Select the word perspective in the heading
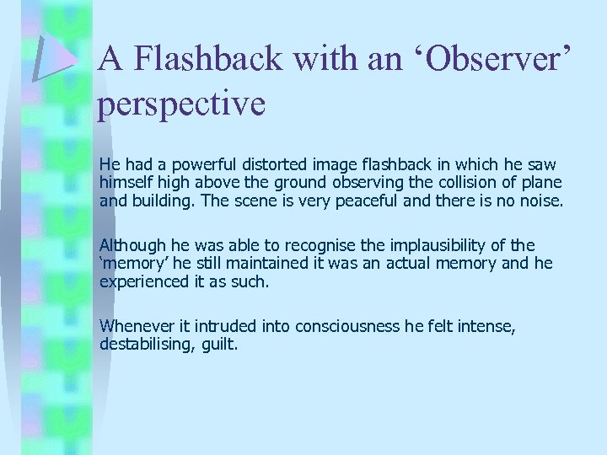click(x=182, y=104)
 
